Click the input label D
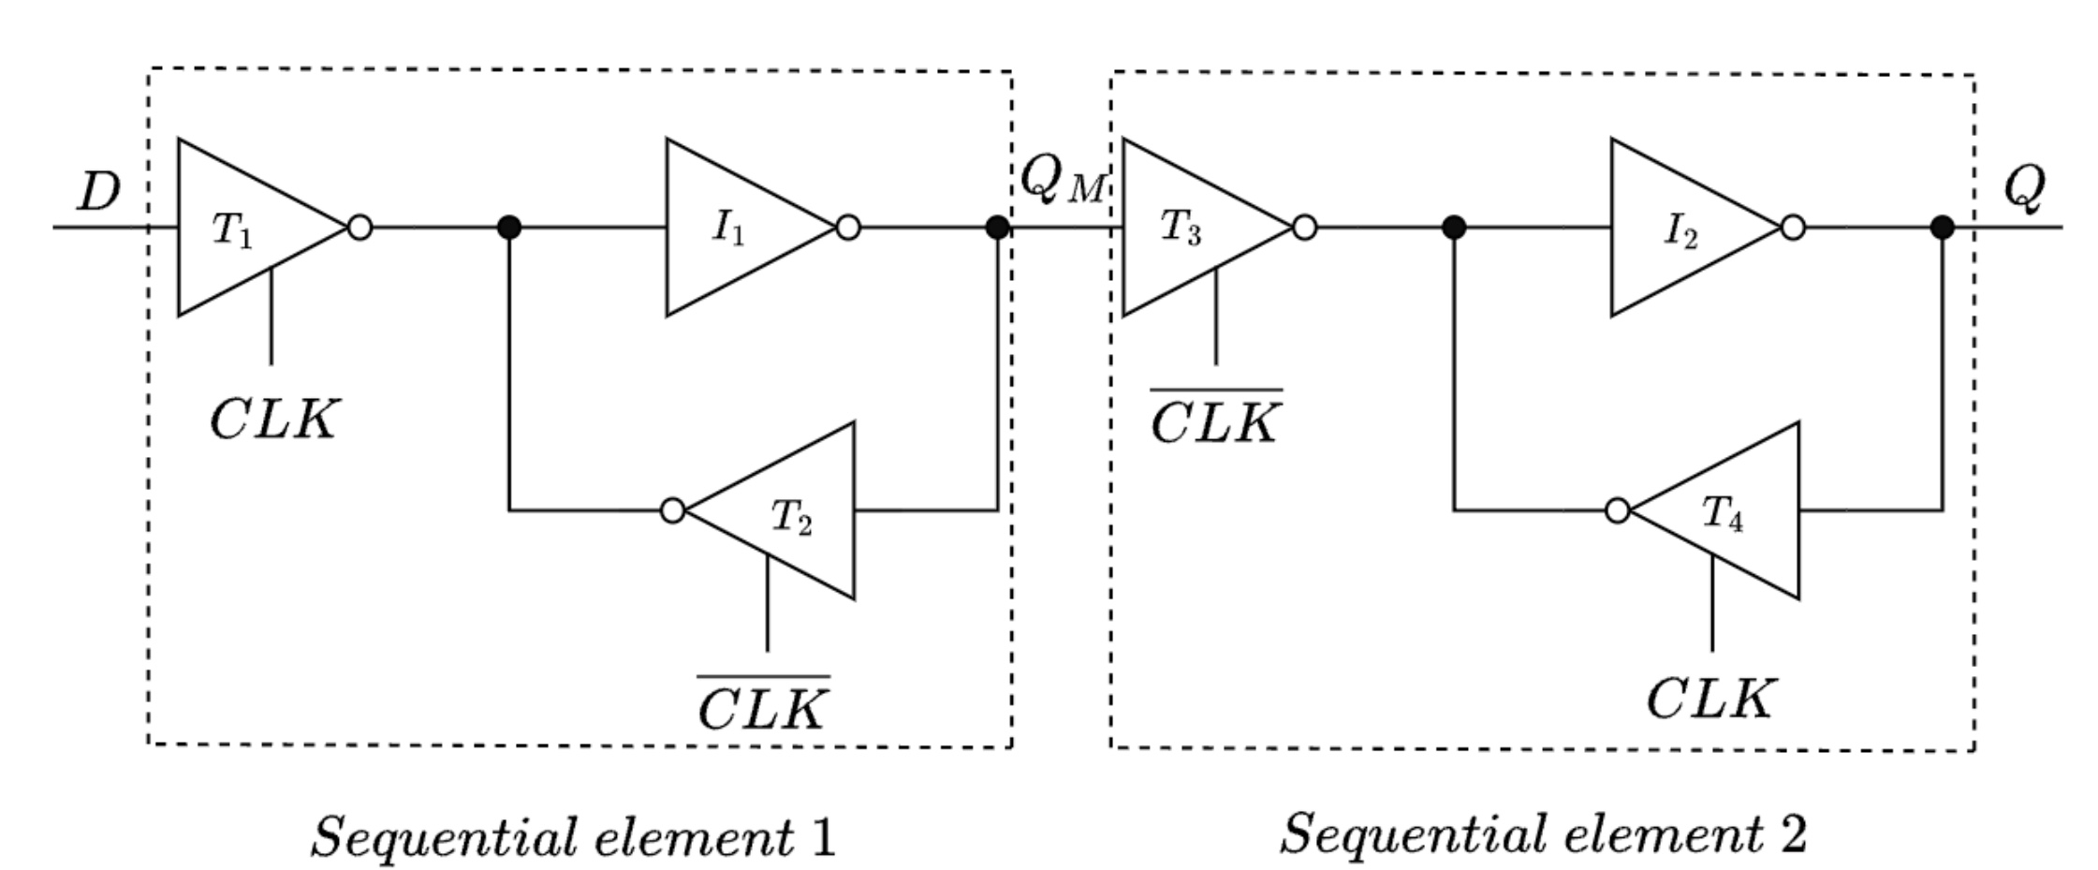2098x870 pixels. click(99, 191)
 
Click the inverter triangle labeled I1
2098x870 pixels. click(735, 228)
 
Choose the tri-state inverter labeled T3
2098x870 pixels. click(1189, 228)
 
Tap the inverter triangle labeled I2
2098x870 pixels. click(1680, 228)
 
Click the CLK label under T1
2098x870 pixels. click(271, 420)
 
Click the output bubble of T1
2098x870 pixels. click(359, 228)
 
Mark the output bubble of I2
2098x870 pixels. click(1792, 228)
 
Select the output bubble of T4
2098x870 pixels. click(1617, 511)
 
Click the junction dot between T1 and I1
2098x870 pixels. click(508, 228)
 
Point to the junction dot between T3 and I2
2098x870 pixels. click(1453, 228)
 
